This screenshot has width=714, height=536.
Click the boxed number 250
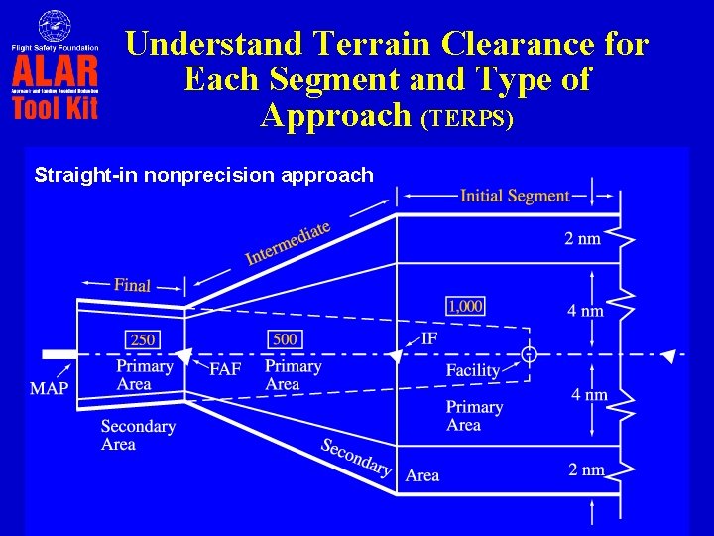[x=143, y=339]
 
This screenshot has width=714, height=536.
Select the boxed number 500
[x=285, y=339]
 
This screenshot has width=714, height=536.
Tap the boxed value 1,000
[x=465, y=306]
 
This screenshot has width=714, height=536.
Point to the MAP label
[x=49, y=388]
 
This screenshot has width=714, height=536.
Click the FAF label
[x=225, y=369]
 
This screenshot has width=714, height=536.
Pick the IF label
[x=429, y=338]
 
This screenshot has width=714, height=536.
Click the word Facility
[x=473, y=370]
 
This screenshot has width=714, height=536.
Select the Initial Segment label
[x=515, y=196]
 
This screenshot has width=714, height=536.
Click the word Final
[x=132, y=285]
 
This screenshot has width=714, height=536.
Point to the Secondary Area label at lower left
[x=137, y=435]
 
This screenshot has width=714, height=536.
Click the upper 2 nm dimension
[x=583, y=238]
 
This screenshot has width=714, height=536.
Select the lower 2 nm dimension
[x=586, y=469]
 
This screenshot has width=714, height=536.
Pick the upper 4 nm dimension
[x=585, y=311]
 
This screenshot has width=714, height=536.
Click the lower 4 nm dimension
[x=589, y=394]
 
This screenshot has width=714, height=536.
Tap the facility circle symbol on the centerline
[x=530, y=354]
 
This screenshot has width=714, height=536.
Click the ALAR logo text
[x=55, y=72]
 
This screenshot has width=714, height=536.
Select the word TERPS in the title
[x=467, y=119]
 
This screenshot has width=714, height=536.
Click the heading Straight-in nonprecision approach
[x=203, y=176]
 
